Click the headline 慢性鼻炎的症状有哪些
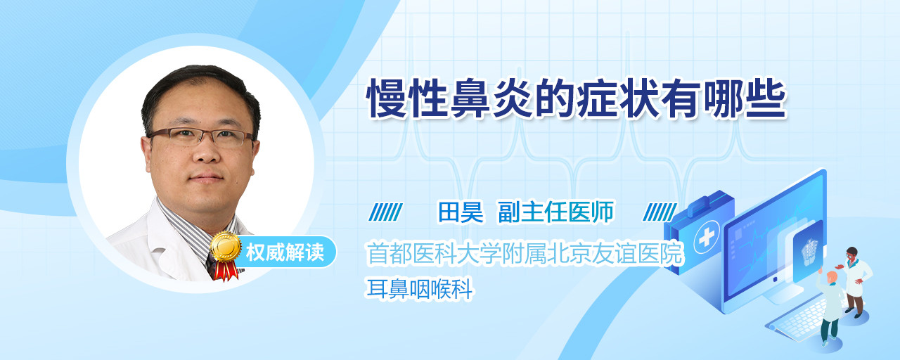coord(576,99)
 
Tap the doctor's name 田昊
coord(461,212)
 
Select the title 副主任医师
coord(555,212)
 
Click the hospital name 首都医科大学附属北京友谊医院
coord(525,254)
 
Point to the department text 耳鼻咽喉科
coord(420,289)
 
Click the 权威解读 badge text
coord(285,252)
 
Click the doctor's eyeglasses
coord(201,136)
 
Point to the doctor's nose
coord(206,150)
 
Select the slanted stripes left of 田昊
coord(385,212)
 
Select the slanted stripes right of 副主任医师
coord(660,212)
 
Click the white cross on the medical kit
coord(707,237)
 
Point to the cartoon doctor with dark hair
coord(854,282)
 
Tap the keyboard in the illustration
coord(797,319)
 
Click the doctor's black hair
coord(200,89)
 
